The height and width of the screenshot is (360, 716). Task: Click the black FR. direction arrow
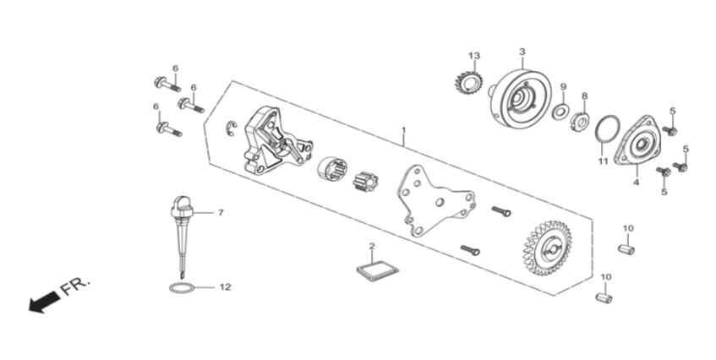point(44,302)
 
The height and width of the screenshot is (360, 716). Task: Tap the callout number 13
point(474,56)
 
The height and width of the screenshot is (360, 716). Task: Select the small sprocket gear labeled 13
point(469,83)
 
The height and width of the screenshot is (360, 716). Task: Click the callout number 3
point(522,52)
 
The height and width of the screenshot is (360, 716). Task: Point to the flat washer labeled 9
point(560,112)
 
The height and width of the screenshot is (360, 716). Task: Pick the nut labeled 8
point(580,122)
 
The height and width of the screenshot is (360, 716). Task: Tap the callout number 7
point(221,213)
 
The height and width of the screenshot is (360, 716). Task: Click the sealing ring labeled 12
point(181,288)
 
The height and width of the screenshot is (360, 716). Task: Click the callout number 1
point(404,130)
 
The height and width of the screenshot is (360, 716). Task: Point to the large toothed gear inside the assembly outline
point(547,248)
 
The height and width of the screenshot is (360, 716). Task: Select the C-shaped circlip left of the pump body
point(232,128)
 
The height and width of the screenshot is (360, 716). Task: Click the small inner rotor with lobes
point(366,182)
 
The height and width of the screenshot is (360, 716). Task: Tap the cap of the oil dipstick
point(182,206)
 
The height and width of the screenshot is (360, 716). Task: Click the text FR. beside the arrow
point(75,286)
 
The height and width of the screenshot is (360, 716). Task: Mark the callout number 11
point(604,161)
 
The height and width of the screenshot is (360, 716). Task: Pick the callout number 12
point(225,287)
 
